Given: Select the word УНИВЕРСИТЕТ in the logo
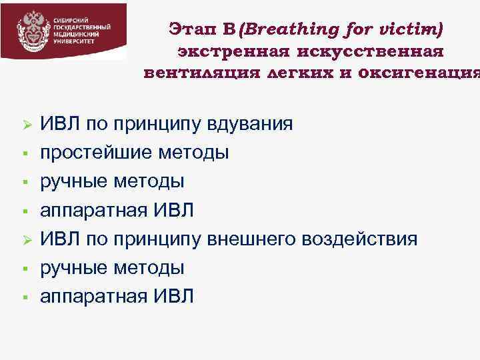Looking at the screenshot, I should [x=74, y=41].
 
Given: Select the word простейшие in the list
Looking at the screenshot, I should [x=97, y=153].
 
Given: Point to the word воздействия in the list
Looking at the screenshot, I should [x=361, y=239].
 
